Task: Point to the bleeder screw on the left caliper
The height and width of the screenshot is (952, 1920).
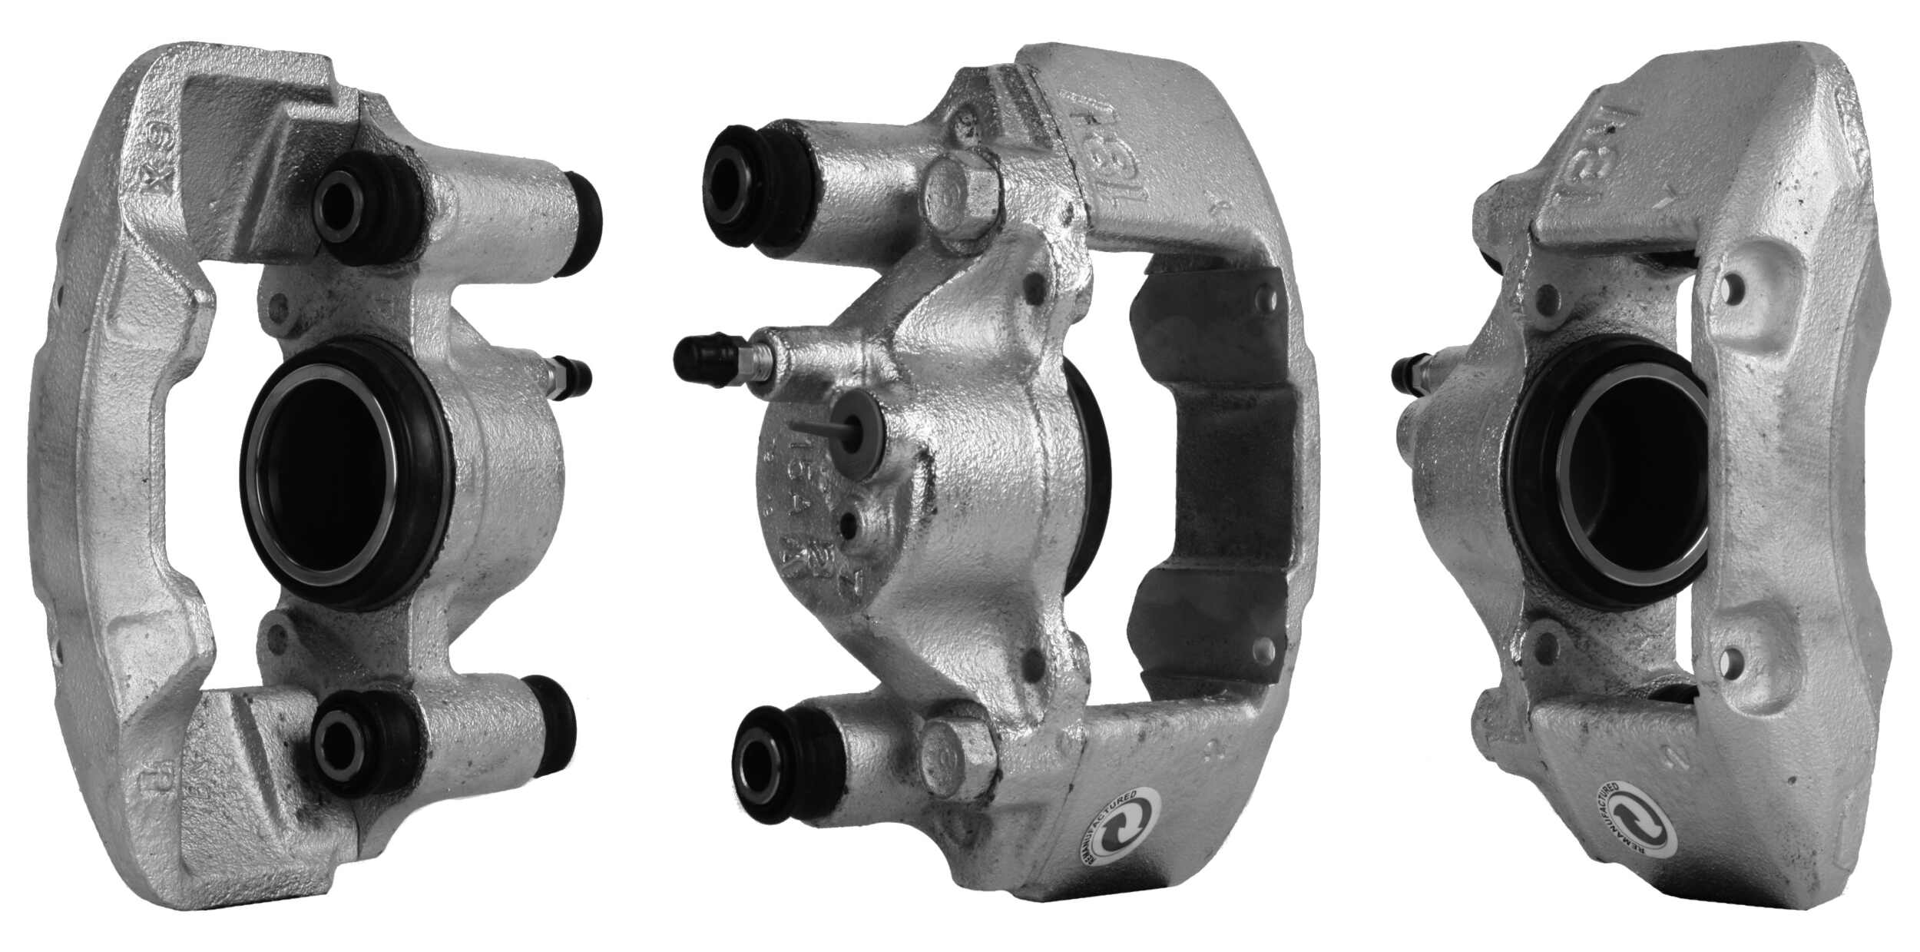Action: point(570,377)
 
